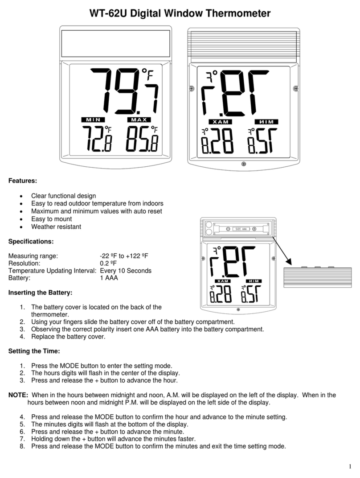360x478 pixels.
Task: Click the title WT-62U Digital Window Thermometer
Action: click(180, 13)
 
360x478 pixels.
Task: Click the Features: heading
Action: click(23, 181)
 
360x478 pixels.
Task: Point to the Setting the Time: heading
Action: click(34, 351)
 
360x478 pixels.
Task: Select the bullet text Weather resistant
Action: click(56, 227)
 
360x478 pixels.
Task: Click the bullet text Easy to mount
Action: click(51, 219)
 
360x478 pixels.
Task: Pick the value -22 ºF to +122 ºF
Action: click(124, 256)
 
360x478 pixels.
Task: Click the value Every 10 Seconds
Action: click(126, 271)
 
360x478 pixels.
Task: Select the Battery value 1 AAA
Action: click(109, 278)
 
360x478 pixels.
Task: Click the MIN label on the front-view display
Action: click(93, 120)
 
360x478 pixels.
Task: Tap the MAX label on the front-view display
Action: click(139, 120)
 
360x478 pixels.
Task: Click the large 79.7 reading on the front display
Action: click(125, 91)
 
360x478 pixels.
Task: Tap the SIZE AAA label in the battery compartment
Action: click(241, 229)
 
